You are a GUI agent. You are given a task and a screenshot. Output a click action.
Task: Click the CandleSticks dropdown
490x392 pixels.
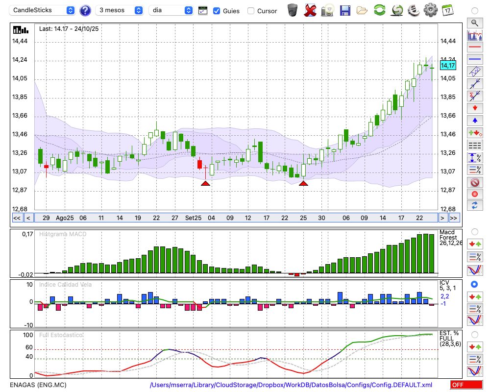[x=43, y=10]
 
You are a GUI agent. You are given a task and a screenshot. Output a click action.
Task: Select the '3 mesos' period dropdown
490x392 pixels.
[x=120, y=10]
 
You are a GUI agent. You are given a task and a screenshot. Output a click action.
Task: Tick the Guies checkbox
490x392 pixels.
[x=217, y=11]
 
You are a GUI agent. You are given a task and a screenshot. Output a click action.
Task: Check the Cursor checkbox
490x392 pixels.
[x=251, y=11]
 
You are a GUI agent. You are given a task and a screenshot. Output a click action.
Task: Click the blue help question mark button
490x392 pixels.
[x=85, y=10]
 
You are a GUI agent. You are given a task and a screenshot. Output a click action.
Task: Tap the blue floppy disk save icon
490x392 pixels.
[x=345, y=10]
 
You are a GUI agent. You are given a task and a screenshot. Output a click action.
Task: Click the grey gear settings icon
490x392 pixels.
[x=430, y=10]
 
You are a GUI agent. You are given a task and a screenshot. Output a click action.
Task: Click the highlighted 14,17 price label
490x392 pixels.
[x=448, y=66]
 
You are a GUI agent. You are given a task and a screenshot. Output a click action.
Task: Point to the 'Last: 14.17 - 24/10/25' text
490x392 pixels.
[x=69, y=29]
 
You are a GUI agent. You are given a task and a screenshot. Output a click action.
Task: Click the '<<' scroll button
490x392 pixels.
[x=17, y=218]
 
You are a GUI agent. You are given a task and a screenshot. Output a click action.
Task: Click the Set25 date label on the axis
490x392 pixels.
[x=193, y=218]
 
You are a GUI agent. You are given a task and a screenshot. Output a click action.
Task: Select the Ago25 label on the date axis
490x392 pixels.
[x=65, y=218]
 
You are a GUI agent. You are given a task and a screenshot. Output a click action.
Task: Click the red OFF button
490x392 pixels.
[x=466, y=385]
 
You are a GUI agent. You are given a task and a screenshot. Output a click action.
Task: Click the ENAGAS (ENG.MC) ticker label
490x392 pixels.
[x=38, y=385]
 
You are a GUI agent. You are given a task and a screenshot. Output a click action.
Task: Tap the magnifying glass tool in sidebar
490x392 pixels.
[x=474, y=23]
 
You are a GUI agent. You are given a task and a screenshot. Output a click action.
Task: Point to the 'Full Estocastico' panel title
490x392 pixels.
[x=61, y=335]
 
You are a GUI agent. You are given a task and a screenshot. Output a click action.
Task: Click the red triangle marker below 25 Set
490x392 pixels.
[x=303, y=183]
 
